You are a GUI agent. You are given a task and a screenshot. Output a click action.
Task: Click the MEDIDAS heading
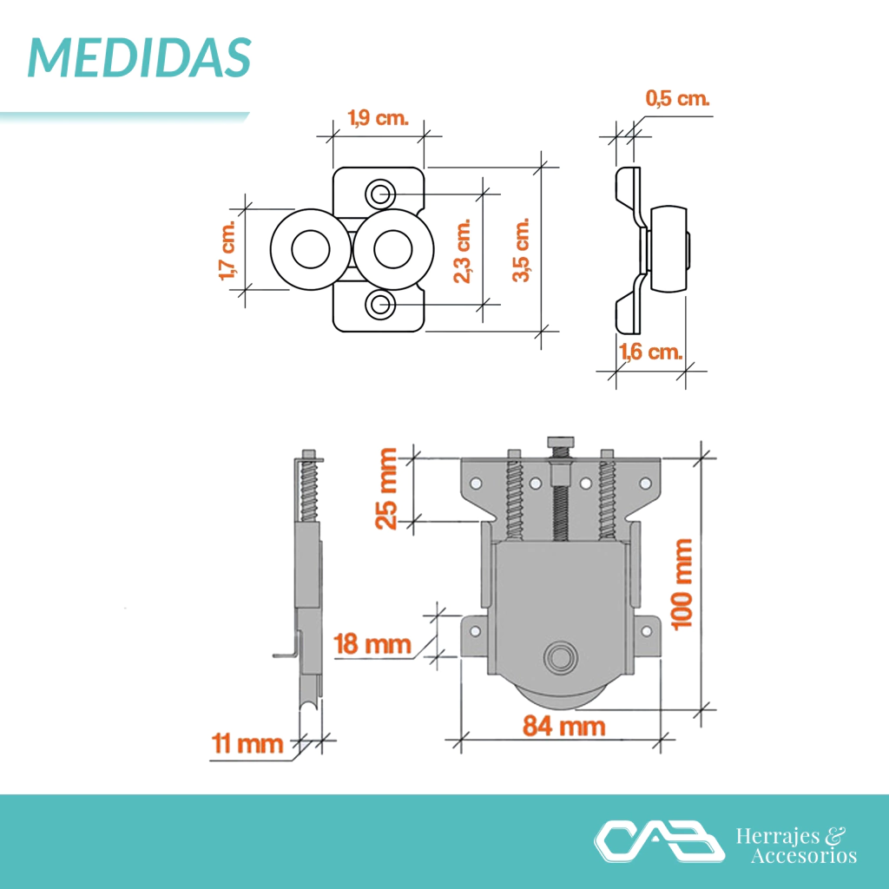tap(140, 58)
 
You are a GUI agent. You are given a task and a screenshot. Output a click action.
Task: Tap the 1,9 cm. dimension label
tap(378, 118)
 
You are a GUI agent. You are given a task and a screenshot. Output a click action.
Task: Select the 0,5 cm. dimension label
tap(677, 98)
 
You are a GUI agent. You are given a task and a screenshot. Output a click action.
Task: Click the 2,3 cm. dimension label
tap(463, 250)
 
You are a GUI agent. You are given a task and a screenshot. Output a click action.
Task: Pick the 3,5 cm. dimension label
tap(521, 249)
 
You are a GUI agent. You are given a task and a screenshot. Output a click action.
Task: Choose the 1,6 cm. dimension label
tap(650, 352)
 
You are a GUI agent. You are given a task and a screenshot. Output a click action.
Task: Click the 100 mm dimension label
tap(682, 584)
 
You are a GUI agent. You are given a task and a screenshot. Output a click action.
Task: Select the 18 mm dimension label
tap(372, 644)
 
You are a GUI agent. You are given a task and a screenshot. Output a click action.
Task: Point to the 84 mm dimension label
tap(564, 726)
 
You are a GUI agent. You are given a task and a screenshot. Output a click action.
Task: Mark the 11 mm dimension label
tap(247, 743)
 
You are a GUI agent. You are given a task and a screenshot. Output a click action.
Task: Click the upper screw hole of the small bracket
tap(380, 194)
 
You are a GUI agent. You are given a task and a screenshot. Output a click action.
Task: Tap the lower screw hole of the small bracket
tap(380, 305)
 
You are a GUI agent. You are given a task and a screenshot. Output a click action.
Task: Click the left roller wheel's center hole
tap(311, 249)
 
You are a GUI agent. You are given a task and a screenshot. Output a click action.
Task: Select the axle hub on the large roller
tap(561, 658)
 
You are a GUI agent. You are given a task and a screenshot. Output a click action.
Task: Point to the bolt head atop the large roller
tap(561, 442)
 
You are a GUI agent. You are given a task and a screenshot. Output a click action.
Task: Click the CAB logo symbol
tap(659, 840)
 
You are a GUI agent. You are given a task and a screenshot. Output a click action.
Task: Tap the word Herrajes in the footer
tap(778, 836)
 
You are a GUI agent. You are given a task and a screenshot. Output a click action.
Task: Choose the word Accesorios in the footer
tap(804, 855)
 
